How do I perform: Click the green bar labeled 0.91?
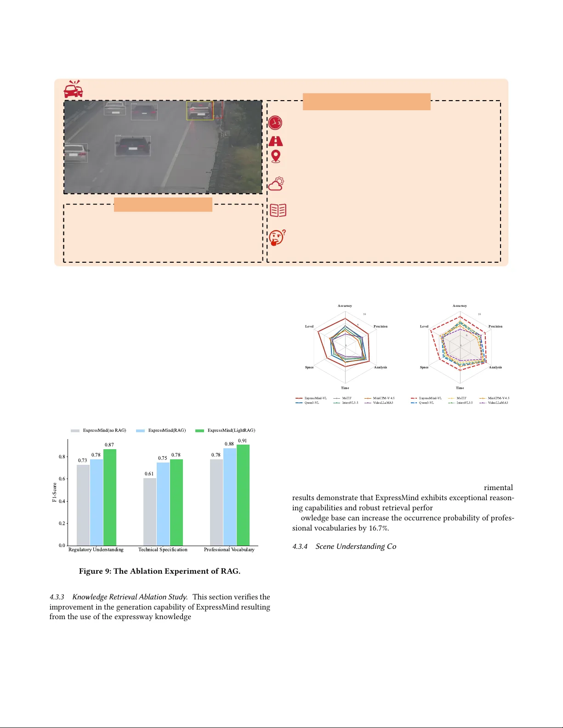click(243, 495)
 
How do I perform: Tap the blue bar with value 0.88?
click(230, 497)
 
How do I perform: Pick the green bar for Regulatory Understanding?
click(110, 497)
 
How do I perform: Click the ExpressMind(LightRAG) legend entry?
click(225, 430)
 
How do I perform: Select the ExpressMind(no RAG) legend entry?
click(98, 430)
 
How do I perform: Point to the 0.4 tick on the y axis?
click(62, 501)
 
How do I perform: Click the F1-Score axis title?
click(54, 492)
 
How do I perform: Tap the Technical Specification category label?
click(163, 550)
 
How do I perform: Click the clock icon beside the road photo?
click(275, 123)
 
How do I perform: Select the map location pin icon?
click(276, 157)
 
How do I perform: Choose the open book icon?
click(278, 210)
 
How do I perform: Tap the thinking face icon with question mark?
click(277, 238)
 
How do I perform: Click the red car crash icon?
click(73, 89)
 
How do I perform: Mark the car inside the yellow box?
click(200, 111)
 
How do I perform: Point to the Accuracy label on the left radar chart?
click(345, 306)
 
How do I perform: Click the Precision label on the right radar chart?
click(495, 327)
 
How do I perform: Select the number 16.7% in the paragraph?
click(379, 528)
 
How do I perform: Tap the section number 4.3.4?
click(300, 547)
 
